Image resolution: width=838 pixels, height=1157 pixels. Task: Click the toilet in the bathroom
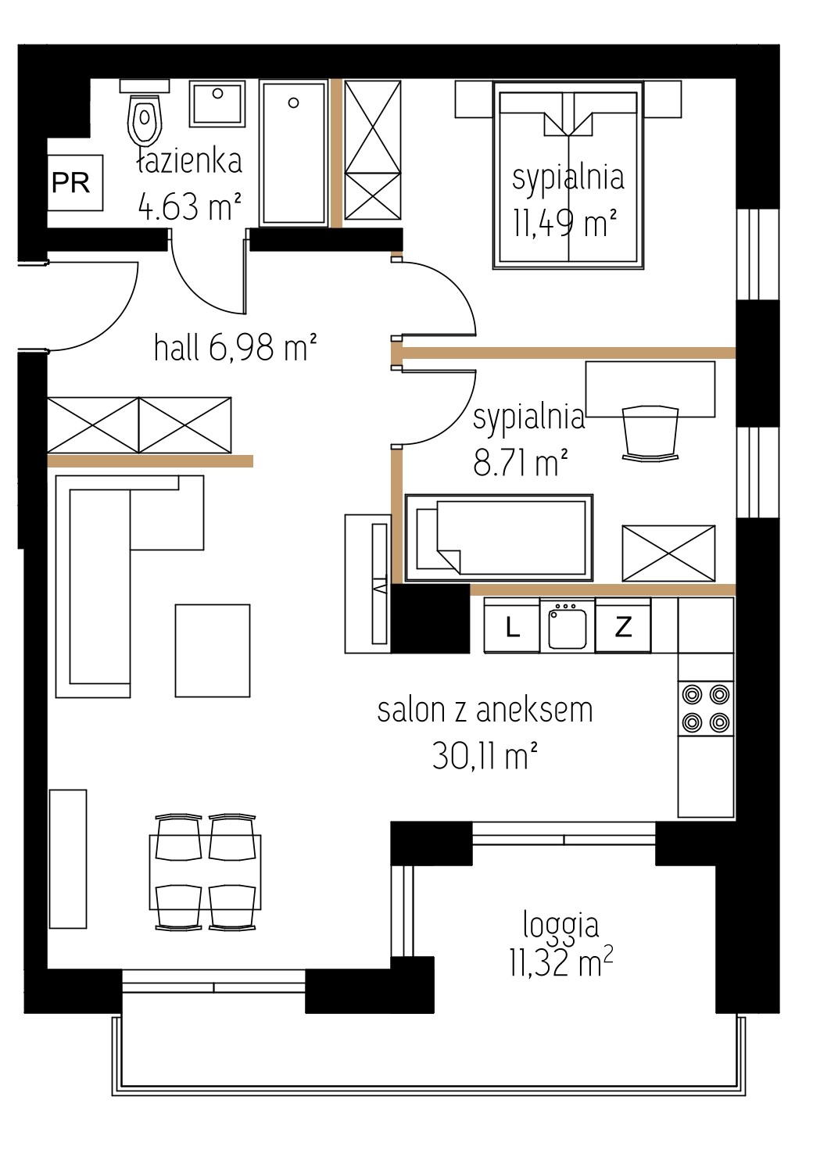tap(145, 113)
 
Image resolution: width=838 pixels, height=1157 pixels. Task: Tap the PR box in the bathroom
tap(75, 182)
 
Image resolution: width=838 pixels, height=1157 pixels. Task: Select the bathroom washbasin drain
tap(217, 94)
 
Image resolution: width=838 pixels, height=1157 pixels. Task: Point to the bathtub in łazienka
tap(293, 153)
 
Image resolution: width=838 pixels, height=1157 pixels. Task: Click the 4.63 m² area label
tap(190, 206)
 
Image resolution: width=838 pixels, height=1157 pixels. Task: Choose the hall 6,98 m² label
tap(235, 347)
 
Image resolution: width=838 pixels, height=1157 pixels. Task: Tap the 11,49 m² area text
tap(564, 224)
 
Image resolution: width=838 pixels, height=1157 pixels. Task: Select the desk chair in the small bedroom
tap(650, 432)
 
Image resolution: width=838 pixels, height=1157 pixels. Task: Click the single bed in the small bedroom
tap(499, 538)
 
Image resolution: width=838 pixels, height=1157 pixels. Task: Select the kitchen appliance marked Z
tap(623, 626)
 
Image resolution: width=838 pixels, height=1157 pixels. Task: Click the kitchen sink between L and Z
tap(568, 625)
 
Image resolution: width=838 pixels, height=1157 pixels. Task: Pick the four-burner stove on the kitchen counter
tap(706, 708)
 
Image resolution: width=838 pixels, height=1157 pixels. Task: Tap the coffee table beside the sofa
tap(213, 650)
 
